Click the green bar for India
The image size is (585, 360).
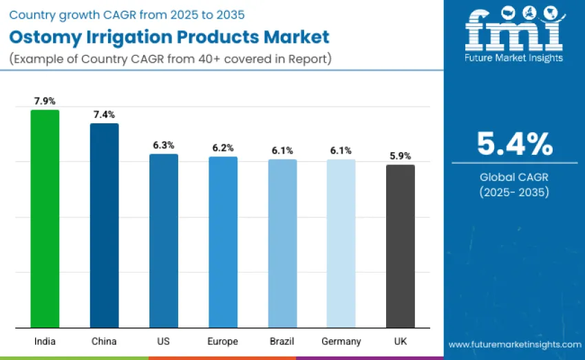point(45,218)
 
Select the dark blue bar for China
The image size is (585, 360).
point(104,225)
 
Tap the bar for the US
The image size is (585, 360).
point(164,240)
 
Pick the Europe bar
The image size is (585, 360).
point(223,242)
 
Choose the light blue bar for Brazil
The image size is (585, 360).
point(282,243)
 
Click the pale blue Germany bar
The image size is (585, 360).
point(341,243)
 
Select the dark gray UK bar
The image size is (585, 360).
point(400,246)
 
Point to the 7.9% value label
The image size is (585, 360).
point(45,101)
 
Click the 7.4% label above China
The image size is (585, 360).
point(104,114)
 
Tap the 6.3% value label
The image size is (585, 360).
point(164,145)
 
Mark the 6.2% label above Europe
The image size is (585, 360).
point(223,148)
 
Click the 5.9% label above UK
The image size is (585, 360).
point(400,156)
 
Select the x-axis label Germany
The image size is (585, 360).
point(341,341)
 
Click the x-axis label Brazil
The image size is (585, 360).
point(282,341)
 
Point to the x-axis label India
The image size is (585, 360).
point(45,341)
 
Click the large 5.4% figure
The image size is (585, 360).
point(514,143)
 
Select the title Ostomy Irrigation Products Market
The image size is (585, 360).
point(169,36)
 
